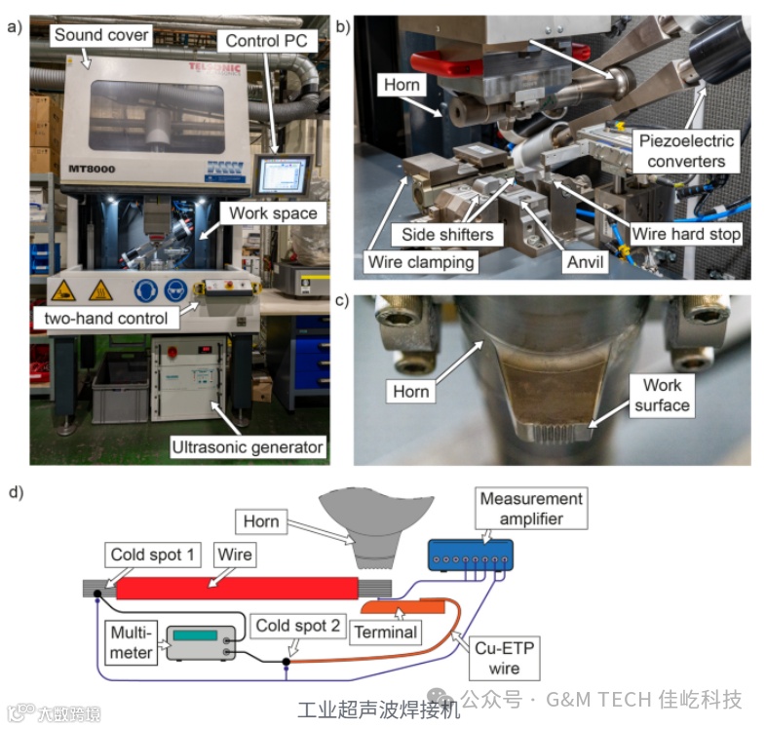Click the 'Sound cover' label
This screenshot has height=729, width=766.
click(x=101, y=35)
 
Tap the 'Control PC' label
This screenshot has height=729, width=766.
click(x=267, y=41)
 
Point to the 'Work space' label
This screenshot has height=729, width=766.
click(x=273, y=212)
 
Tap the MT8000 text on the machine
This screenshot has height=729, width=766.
click(x=92, y=169)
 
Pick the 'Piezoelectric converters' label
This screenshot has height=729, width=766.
click(x=681, y=151)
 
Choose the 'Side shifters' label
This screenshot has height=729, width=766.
click(x=447, y=235)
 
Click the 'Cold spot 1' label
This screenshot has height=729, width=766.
click(x=153, y=555)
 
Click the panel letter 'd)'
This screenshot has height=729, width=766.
click(x=16, y=491)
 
